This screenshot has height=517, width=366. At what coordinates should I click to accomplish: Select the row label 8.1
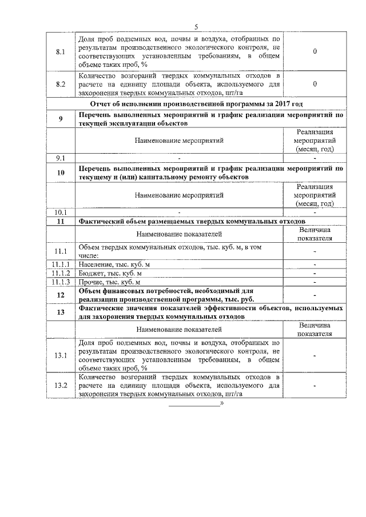[61, 52]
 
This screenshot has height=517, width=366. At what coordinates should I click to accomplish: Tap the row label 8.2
[61, 85]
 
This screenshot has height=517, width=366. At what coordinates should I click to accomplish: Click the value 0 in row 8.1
[315, 52]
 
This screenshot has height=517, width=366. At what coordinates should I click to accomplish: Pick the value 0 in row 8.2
[315, 85]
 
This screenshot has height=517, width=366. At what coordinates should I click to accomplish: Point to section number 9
[61, 119]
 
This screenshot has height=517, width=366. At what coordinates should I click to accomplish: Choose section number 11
[61, 221]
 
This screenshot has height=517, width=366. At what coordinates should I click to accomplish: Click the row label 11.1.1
[61, 264]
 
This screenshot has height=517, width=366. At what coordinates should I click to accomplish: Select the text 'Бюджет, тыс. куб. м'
[110, 273]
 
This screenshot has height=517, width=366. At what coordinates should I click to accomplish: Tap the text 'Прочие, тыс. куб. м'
[109, 282]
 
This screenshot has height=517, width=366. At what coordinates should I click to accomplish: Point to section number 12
[61, 295]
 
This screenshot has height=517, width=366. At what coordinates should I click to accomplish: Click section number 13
[61, 311]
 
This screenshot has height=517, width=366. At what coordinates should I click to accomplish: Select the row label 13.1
[61, 356]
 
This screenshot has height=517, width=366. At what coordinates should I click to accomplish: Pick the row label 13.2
[61, 386]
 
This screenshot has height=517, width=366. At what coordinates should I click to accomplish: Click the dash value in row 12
[315, 295]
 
